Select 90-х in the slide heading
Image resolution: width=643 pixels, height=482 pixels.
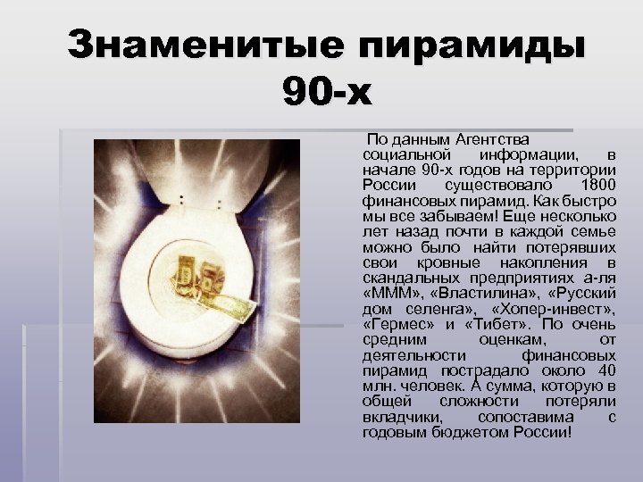[324, 90]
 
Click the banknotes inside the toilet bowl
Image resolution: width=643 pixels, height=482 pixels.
[201, 281]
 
